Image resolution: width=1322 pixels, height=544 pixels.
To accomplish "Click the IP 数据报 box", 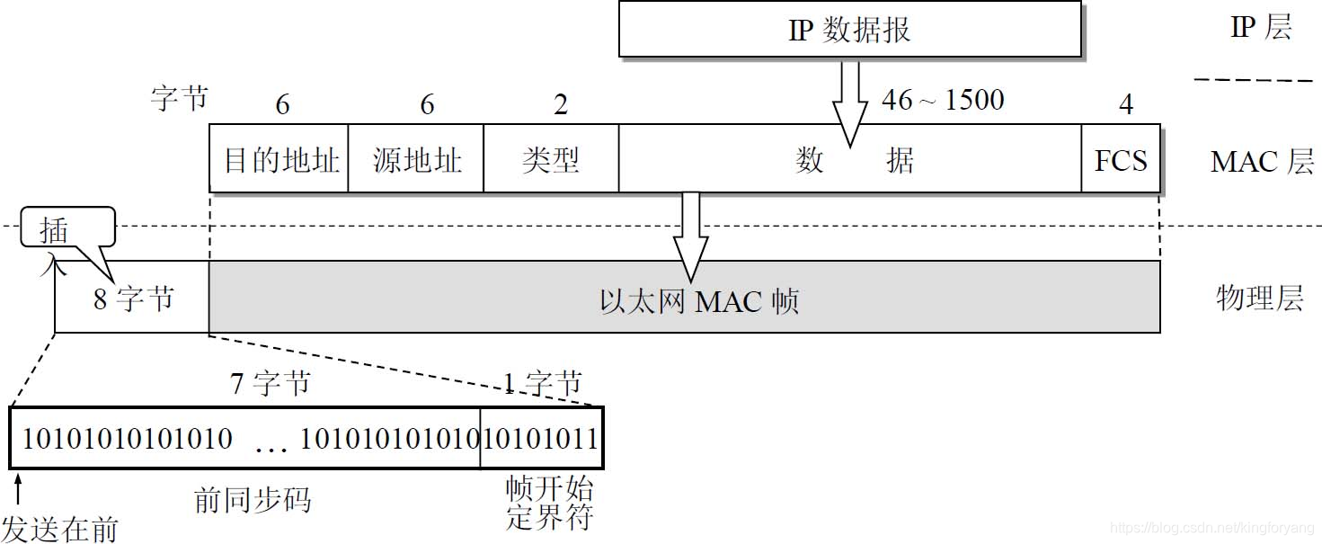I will (x=849, y=30).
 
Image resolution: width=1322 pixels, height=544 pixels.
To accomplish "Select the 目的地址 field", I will (x=279, y=159).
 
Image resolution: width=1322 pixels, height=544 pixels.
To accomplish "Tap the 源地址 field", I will (x=416, y=159).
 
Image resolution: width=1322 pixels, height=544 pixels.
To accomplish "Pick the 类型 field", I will (x=551, y=159).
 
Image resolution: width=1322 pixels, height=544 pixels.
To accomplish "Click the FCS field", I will (x=1121, y=159).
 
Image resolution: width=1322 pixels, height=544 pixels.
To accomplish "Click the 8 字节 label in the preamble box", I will (x=133, y=299).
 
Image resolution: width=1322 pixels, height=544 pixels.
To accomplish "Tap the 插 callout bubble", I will (x=54, y=230).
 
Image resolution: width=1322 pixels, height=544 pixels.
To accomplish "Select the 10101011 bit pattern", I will (x=541, y=439).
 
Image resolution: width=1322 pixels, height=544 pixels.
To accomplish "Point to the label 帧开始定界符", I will (x=549, y=504).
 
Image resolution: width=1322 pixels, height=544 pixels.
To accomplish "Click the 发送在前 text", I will (x=59, y=529).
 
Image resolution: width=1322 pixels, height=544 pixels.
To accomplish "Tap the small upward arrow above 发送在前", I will (x=17, y=490).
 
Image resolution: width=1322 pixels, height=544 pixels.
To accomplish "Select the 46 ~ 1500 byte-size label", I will (x=943, y=100).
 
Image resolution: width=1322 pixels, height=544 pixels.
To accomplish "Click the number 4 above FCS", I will (x=1125, y=105).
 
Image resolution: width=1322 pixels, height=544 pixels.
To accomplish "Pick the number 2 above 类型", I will (x=561, y=105).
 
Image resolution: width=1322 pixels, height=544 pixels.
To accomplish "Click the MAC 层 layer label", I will (x=1262, y=162).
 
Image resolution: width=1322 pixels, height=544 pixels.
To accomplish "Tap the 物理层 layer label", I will (x=1259, y=298).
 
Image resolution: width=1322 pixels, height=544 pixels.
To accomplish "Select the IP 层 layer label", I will (x=1261, y=28).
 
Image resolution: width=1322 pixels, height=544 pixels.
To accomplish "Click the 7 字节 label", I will (x=271, y=384).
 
